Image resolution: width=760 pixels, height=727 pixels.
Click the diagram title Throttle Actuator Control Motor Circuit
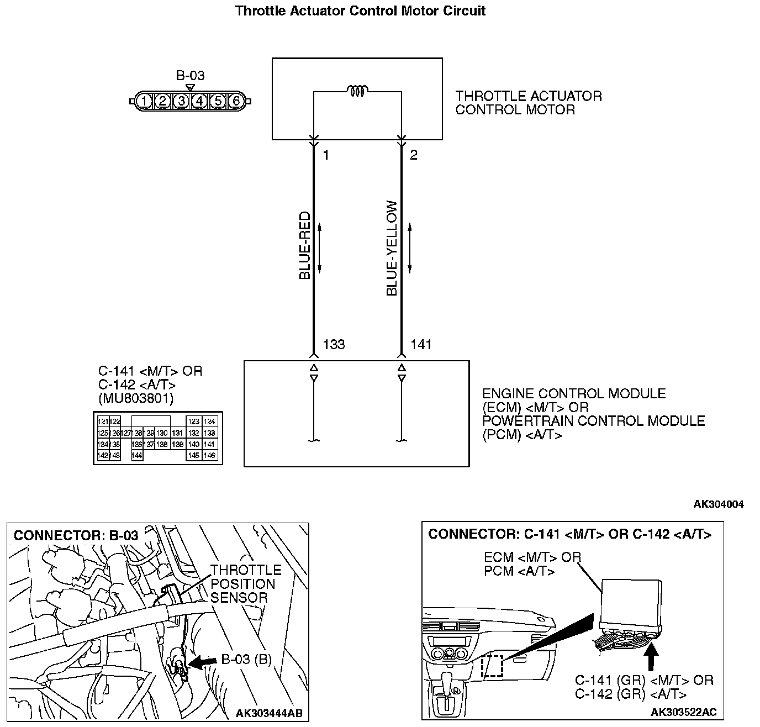(x=360, y=10)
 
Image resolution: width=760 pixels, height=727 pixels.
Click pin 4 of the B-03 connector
(x=199, y=101)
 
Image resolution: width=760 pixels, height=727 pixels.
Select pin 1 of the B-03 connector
(x=144, y=101)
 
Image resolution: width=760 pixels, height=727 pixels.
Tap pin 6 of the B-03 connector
(x=236, y=101)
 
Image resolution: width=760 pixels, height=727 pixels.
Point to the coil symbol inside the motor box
(x=357, y=91)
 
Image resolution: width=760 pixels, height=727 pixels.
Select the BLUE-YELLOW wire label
(x=392, y=248)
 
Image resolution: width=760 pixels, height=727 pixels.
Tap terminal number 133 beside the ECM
(x=334, y=345)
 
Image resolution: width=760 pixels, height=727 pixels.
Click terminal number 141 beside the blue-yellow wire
(x=421, y=345)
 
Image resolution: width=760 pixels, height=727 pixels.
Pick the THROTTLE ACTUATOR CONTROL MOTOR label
(x=528, y=103)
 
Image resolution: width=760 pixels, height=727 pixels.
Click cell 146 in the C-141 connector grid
(x=209, y=456)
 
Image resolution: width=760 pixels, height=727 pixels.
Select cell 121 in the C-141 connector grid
(x=103, y=422)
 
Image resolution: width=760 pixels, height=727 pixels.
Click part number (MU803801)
(x=136, y=398)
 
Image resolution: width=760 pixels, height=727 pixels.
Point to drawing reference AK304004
(x=719, y=504)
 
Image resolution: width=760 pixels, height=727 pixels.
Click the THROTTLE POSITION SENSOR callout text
(x=245, y=583)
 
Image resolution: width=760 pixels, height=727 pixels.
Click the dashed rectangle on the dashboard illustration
(x=493, y=666)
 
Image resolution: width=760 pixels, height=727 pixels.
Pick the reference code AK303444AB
(x=269, y=713)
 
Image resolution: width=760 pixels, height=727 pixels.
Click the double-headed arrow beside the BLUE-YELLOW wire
(x=410, y=248)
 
